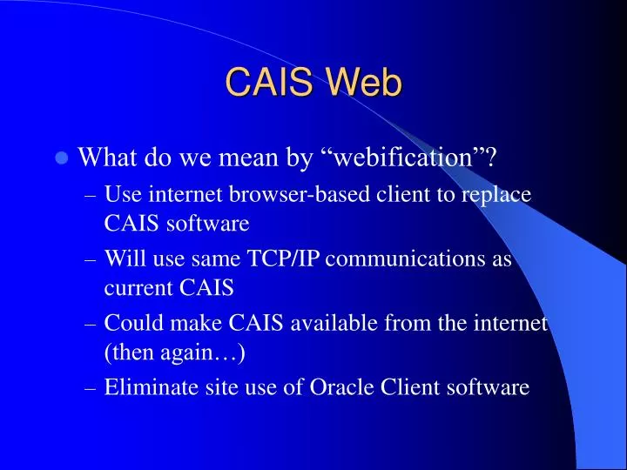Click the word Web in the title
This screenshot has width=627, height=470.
click(366, 83)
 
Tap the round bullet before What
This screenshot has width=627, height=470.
click(61, 158)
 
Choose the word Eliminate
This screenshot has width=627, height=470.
click(146, 387)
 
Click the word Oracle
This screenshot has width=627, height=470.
click(339, 387)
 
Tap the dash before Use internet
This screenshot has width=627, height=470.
click(91, 195)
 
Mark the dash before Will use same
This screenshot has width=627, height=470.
click(91, 259)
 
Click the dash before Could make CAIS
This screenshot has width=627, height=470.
click(91, 324)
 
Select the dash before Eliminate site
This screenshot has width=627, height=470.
click(91, 388)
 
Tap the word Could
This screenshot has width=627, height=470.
click(129, 323)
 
